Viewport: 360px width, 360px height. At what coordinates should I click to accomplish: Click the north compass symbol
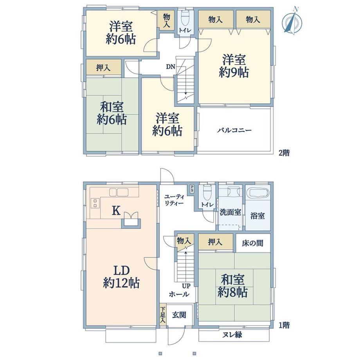pyautogui.click(x=292, y=21)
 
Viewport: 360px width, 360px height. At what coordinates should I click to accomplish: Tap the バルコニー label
pyautogui.click(x=234, y=130)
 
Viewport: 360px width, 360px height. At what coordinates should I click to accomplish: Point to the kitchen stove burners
pyautogui.click(x=95, y=203)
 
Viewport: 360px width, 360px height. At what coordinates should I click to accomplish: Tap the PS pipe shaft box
pyautogui.click(x=191, y=189)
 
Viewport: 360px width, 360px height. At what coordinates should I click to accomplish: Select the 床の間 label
pyautogui.click(x=252, y=243)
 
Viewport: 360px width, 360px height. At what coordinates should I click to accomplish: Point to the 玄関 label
pyautogui.click(x=179, y=315)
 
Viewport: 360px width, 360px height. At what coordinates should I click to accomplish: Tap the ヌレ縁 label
pyautogui.click(x=232, y=335)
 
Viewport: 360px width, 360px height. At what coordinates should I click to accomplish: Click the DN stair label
pyautogui.click(x=171, y=67)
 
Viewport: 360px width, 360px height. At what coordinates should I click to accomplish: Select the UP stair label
pyautogui.click(x=186, y=286)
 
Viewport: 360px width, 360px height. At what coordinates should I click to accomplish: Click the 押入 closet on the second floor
pyautogui.click(x=104, y=67)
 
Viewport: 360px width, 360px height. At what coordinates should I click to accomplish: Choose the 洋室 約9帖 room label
pyautogui.click(x=234, y=66)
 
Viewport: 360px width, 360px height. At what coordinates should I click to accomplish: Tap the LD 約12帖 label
pyautogui.click(x=121, y=277)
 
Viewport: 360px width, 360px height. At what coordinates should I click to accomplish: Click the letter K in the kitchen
pyautogui.click(x=116, y=211)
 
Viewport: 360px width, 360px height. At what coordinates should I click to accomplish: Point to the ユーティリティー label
pyautogui.click(x=174, y=200)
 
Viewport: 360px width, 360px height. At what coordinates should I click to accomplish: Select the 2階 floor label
pyautogui.click(x=284, y=153)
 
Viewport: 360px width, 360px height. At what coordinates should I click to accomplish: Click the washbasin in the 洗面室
pyautogui.click(x=234, y=191)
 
